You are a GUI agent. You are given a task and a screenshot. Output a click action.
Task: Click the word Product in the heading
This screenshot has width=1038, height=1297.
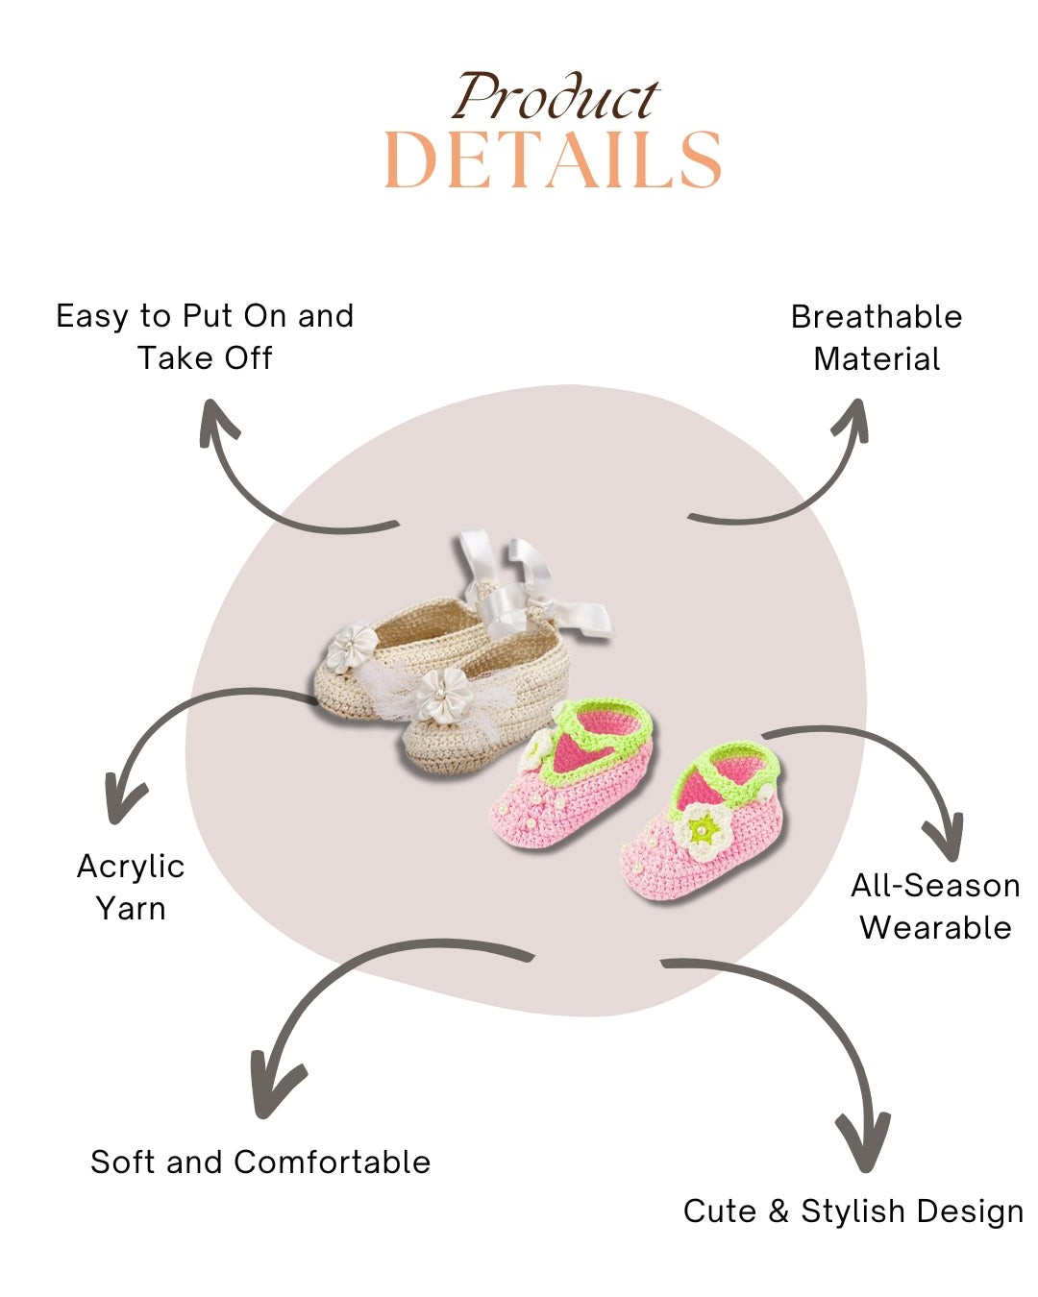pos(556,98)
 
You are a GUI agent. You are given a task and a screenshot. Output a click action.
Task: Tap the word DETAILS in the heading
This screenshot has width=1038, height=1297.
pos(553,160)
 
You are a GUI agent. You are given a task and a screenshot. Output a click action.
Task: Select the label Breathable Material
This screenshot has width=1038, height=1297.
pos(877,337)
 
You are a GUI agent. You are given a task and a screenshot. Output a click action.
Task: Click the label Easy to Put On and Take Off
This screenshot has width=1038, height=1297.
pos(205,336)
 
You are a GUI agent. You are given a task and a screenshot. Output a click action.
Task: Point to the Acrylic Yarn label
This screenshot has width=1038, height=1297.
pos(131,887)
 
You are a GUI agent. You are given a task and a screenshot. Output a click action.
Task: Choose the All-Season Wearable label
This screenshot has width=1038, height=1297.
pos(935,906)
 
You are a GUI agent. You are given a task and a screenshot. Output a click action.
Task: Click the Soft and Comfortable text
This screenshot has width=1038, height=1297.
pos(260,1162)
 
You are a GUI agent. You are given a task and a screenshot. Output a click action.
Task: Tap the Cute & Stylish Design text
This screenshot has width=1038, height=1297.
pos(853,1211)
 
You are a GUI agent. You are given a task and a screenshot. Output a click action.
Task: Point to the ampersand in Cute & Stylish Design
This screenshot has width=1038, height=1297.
pos(778,1211)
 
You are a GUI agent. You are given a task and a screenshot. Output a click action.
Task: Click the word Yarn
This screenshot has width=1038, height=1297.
pos(131,908)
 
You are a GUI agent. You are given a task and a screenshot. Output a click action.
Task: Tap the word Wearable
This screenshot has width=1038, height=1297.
pos(935,927)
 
